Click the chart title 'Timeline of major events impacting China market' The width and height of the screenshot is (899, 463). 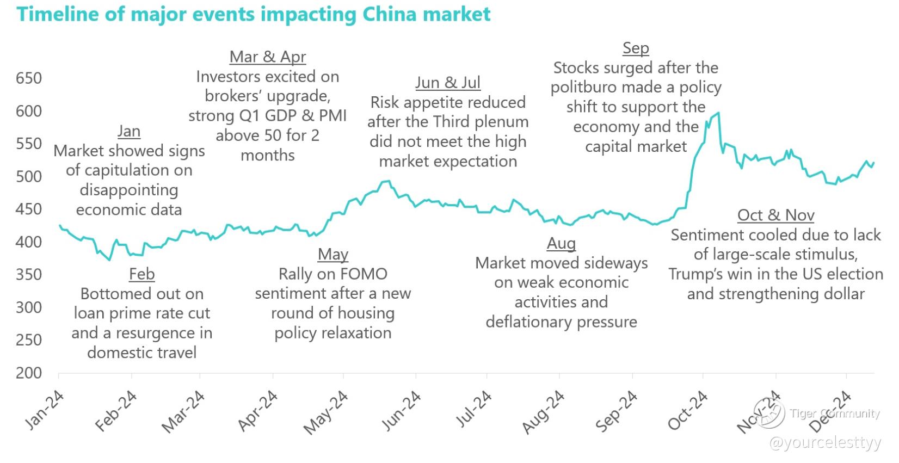254,14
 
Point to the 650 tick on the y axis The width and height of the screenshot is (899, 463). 29,78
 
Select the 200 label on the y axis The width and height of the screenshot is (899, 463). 29,373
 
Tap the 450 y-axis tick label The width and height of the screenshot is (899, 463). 29,209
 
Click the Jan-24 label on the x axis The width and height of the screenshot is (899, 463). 45,411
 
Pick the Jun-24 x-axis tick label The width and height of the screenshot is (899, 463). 402,411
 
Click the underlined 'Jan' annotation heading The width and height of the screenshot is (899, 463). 129,131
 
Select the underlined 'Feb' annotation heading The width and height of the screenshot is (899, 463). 142,274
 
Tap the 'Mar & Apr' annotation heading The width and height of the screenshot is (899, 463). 268,57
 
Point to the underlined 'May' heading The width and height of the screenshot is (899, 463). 333,254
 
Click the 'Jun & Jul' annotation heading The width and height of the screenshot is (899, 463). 448,83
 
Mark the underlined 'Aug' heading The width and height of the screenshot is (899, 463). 561,243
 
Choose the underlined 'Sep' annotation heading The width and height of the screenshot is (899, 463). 636,48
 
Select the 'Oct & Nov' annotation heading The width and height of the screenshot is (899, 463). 775,215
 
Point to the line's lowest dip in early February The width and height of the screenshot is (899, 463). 109,260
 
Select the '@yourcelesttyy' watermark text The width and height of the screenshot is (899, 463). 824,443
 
